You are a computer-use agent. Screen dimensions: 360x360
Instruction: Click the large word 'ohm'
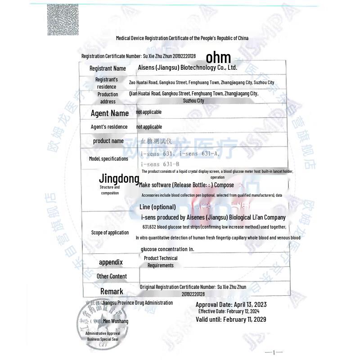tap(218, 57)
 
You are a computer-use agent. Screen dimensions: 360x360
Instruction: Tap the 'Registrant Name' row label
tap(108, 68)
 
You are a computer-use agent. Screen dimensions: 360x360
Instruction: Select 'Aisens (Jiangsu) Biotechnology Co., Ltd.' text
tap(187, 67)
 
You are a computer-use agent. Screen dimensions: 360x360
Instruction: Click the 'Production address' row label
tap(108, 98)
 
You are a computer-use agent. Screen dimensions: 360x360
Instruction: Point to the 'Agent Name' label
tap(109, 113)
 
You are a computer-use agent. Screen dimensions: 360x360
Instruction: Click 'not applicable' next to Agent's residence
tap(149, 127)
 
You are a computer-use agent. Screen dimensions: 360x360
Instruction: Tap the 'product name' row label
tap(108, 141)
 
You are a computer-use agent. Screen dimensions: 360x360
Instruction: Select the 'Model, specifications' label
tap(108, 159)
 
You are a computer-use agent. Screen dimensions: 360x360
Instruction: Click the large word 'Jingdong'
tap(119, 179)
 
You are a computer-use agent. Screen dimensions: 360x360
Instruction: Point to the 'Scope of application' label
tap(110, 233)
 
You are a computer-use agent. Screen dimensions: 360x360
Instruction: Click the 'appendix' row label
tap(111, 262)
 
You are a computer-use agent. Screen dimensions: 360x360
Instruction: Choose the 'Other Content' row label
tap(112, 276)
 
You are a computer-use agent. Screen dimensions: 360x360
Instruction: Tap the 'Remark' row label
tap(112, 291)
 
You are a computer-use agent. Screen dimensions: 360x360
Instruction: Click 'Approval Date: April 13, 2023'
tap(231, 305)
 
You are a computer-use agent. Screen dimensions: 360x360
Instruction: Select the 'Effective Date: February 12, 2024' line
tap(229, 311)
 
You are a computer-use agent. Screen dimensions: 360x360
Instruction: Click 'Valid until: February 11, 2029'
tap(231, 319)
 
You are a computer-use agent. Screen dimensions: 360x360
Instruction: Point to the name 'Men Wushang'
tap(115, 321)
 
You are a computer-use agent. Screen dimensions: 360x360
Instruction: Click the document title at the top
tap(182, 38)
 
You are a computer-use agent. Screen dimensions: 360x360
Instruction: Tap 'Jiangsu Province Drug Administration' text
tap(137, 303)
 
